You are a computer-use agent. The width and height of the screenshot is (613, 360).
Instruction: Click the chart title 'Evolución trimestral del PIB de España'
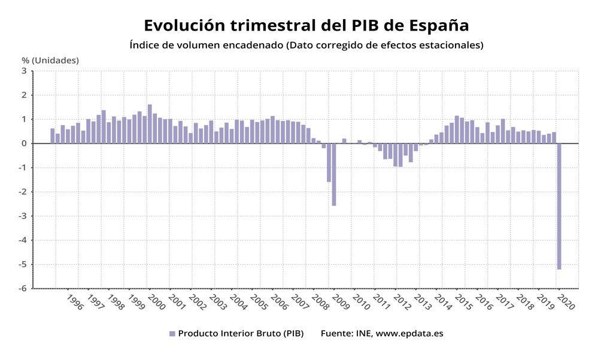click(306, 26)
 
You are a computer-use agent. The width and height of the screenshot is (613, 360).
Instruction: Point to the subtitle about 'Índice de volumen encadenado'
click(306, 45)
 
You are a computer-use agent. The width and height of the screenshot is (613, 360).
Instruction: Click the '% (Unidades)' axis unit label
click(50, 60)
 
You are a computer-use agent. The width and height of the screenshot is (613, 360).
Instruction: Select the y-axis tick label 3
click(24, 71)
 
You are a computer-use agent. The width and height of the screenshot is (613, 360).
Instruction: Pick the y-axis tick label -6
click(23, 288)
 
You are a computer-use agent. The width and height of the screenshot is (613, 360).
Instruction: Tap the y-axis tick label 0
click(24, 143)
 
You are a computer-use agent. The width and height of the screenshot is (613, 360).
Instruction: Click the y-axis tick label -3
click(23, 216)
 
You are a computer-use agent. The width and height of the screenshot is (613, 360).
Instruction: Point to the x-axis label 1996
click(75, 301)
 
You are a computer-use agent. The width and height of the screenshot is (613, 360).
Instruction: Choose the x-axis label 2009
click(340, 301)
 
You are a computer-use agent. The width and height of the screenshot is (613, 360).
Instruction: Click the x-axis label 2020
click(565, 301)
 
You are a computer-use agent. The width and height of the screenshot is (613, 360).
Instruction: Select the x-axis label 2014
click(442, 301)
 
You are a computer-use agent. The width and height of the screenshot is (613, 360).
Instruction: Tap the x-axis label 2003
click(218, 301)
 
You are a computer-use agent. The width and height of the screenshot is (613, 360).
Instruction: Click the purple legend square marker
click(172, 334)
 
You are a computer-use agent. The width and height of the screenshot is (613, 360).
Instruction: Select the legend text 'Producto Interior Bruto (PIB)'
click(241, 334)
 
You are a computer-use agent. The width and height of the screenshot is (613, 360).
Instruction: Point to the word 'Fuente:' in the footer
click(338, 334)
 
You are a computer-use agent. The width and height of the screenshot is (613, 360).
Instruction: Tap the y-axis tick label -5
click(23, 264)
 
